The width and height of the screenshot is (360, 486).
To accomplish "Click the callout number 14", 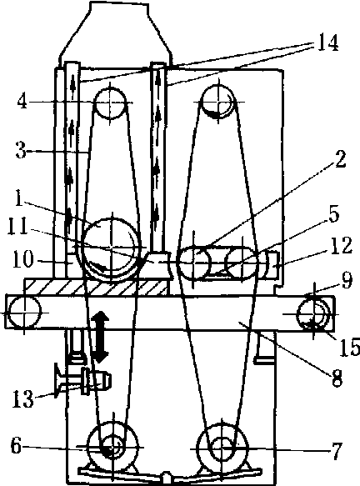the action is tap(327, 43).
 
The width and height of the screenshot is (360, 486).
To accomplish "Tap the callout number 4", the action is tap(22, 101).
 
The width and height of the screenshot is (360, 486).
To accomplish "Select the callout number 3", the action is tap(21, 151).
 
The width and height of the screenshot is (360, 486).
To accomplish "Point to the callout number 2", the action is tap(339, 159).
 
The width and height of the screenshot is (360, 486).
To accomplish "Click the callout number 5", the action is tap(333, 214).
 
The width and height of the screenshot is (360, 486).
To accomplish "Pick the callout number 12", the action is tap(342, 245).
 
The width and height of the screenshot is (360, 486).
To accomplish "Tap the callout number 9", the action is tap(347, 280).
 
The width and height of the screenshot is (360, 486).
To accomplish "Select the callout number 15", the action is tap(349, 347).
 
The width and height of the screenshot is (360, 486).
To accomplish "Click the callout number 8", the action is tap(337, 378).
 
